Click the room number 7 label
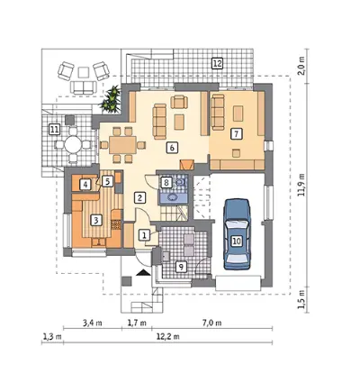click(236, 134)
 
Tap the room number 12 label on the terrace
click(217, 63)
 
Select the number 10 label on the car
click(237, 241)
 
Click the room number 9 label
click(181, 267)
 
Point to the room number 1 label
click(144, 235)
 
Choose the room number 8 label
click(166, 182)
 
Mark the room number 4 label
click(85, 185)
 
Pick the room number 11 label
click(54, 130)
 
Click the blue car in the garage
click(237, 234)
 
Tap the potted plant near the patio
click(111, 99)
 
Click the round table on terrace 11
click(74, 145)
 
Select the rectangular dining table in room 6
click(122, 145)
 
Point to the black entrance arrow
click(143, 273)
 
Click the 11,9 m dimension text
click(302, 185)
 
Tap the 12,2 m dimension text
click(168, 336)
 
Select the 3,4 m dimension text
click(92, 324)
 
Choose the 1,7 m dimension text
click(137, 324)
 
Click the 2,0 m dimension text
click(302, 66)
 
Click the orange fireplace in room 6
click(187, 164)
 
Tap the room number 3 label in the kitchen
click(95, 221)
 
